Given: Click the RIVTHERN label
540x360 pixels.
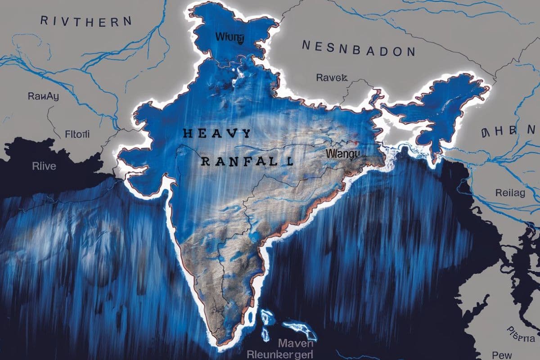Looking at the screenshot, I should pyautogui.click(x=86, y=21).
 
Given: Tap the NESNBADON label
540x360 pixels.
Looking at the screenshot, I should pyautogui.click(x=358, y=48).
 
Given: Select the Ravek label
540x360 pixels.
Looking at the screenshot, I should pyautogui.click(x=332, y=77).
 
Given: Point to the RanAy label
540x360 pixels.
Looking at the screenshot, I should pyautogui.click(x=43, y=96).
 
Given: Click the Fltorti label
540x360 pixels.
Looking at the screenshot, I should pyautogui.click(x=77, y=134).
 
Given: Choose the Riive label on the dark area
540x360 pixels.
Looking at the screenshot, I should pyautogui.click(x=44, y=166).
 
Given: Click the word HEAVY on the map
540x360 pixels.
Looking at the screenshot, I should pyautogui.click(x=217, y=133).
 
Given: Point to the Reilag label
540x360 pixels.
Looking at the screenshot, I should pyautogui.click(x=510, y=193).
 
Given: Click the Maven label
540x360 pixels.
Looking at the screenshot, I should pyautogui.click(x=295, y=344).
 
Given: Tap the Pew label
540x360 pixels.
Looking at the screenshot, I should pyautogui.click(x=502, y=354).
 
